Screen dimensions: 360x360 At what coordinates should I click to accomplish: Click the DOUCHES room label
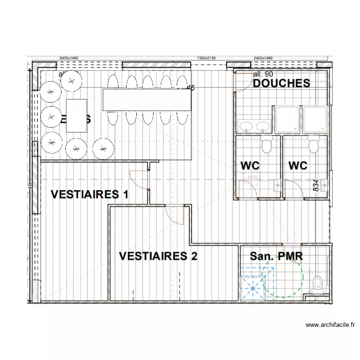pos(281,83)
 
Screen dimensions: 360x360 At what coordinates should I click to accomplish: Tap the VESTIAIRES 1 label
pos(90,194)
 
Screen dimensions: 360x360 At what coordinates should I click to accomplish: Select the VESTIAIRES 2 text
pos(158,256)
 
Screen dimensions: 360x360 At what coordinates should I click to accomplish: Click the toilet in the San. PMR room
pos(318,284)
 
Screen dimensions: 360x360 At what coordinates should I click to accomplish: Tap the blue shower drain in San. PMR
pos(252,288)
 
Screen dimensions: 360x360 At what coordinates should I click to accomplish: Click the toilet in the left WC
pos(267,144)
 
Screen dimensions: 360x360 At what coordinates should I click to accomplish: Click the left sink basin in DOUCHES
pos(247,126)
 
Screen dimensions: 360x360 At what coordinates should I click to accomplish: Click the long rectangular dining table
pos(147,100)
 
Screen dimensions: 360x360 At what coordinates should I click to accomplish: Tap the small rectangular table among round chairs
pos(76,115)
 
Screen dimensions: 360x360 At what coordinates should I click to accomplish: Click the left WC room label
pos(250,166)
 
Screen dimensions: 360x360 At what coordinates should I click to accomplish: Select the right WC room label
pos(298,166)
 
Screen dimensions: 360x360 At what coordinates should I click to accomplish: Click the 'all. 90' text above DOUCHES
pos(263,74)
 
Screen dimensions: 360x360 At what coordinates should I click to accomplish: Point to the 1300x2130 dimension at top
pos(206,58)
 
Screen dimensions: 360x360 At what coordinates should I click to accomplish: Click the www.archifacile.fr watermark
pos(330,325)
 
